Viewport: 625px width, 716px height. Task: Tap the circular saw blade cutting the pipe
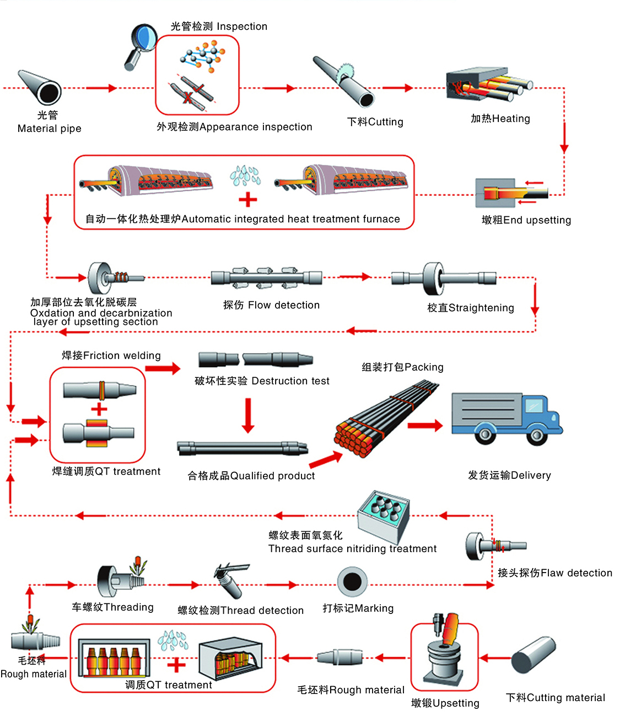coord(346,72)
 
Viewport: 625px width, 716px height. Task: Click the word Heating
coord(511,119)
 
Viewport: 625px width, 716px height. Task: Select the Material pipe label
coord(49,129)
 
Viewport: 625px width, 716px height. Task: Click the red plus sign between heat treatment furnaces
coord(248,199)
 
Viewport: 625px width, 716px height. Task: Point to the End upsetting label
coord(526,220)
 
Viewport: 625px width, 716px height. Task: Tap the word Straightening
coord(481,308)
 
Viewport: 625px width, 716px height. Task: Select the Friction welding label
coord(111,356)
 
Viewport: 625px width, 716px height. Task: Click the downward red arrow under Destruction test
coord(249,414)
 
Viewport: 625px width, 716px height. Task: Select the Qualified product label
coord(251,476)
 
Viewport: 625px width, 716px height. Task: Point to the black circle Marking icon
coord(352,581)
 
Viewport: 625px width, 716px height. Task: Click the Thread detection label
coord(240,611)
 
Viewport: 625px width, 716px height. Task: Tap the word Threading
coord(128,607)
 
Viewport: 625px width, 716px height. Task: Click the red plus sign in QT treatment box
coord(176,665)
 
